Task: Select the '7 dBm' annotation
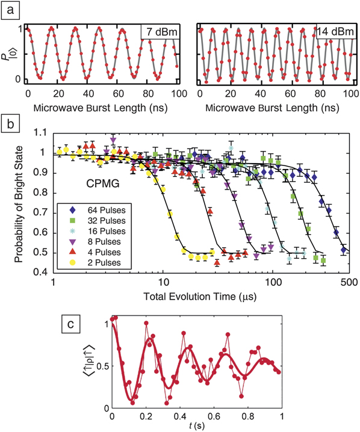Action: pos(158,31)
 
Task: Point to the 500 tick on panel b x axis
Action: pos(346,285)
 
